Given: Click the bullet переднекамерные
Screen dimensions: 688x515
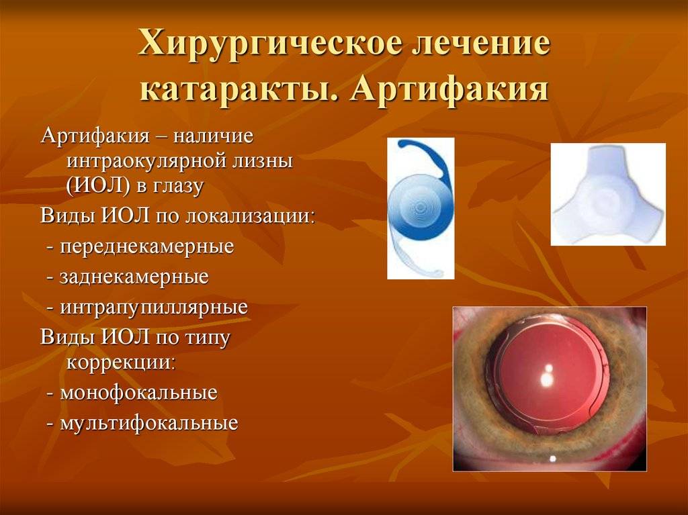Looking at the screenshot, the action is tap(146, 247).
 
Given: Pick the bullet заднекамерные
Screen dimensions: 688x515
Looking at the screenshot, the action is tap(134, 277).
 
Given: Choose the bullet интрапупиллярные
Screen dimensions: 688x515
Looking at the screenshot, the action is tap(154, 308).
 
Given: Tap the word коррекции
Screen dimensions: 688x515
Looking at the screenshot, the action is tap(121, 363).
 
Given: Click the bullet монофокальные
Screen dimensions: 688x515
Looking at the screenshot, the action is tap(138, 393).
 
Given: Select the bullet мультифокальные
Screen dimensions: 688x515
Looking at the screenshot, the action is tap(148, 423).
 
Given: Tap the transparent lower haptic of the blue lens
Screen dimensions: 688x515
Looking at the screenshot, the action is tap(411, 259).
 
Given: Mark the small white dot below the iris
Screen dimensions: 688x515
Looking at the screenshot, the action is tap(552, 459).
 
